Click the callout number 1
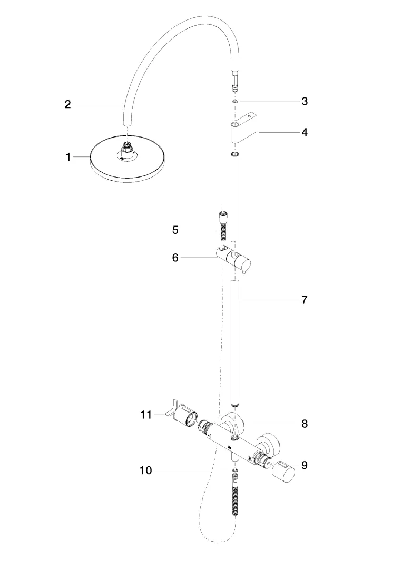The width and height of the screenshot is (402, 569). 68,157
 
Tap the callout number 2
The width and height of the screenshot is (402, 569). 67,104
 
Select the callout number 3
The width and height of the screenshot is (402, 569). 305,101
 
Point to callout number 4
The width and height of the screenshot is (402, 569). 305,132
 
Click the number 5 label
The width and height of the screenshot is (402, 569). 175,230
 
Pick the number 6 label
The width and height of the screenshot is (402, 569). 175,258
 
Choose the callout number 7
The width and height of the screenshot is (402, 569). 305,300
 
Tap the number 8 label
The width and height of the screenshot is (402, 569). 305,423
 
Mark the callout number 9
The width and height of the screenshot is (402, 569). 305,465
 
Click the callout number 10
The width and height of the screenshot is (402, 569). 145,470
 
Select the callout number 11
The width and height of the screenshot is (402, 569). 145,415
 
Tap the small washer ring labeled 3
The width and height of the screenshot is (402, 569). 234,101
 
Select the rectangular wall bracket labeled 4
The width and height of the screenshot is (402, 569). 243,126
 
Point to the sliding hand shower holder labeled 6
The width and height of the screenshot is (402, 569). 237,259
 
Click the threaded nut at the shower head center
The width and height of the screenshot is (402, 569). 126,148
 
